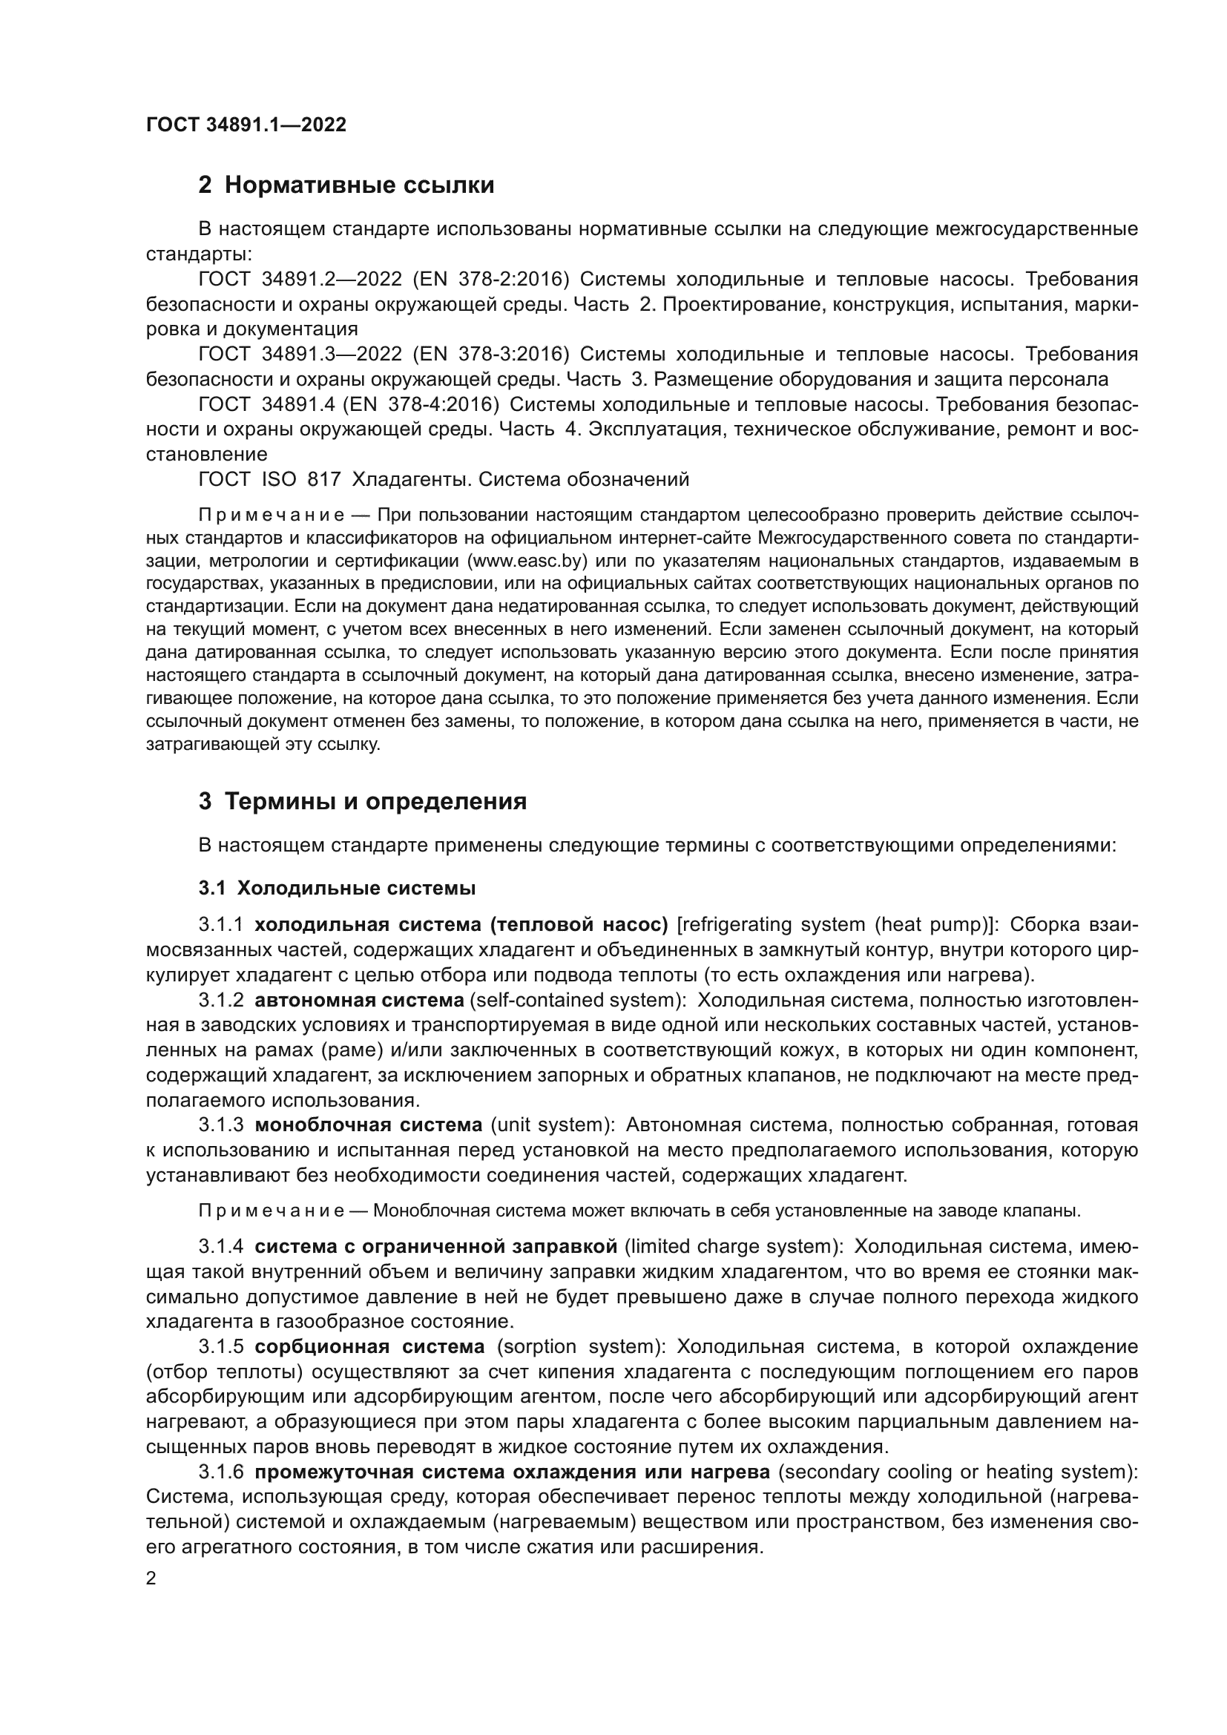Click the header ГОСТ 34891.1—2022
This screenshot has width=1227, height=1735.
(x=246, y=125)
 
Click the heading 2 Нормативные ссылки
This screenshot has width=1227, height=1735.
(x=346, y=185)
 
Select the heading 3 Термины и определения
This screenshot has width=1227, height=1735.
(x=363, y=801)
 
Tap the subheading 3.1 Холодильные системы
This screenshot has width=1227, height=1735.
(x=337, y=888)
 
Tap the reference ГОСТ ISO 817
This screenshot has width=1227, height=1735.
(x=270, y=479)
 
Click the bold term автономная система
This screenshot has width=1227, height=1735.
(x=360, y=1001)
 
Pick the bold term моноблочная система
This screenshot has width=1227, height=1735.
(x=369, y=1125)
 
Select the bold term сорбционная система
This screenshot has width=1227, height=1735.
(x=369, y=1346)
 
